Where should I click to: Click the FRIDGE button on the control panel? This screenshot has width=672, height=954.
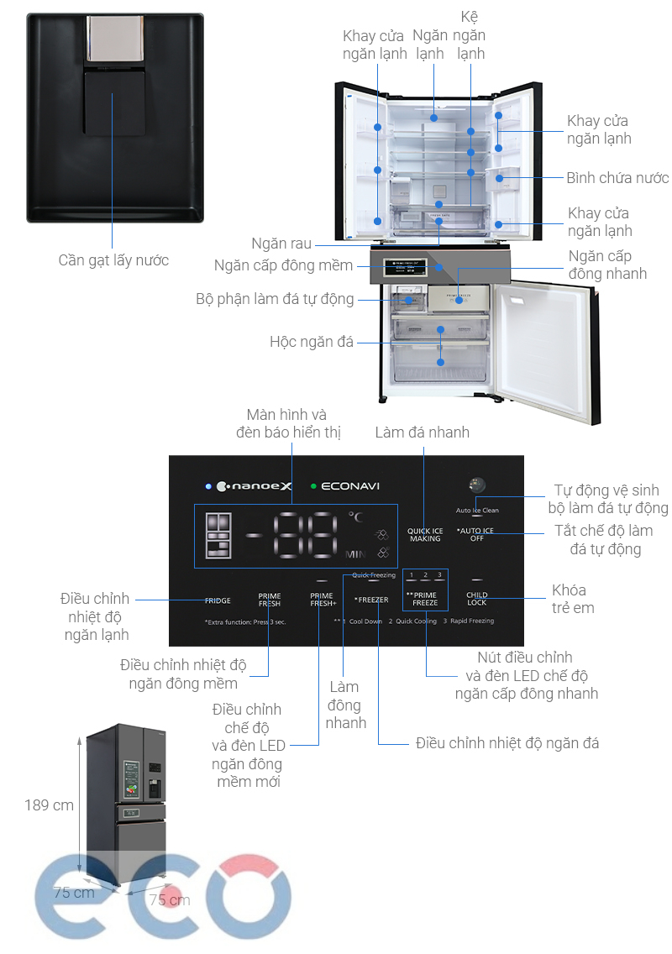(218, 600)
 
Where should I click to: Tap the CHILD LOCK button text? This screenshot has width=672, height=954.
(476, 599)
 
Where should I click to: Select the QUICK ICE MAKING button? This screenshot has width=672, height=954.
(425, 535)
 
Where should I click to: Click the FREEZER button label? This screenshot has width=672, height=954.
(371, 600)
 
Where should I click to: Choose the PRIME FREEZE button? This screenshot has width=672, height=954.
(424, 599)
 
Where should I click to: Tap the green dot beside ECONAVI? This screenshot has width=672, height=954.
(313, 485)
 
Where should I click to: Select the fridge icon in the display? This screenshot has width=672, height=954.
(218, 536)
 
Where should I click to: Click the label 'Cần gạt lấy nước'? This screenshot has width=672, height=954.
(113, 260)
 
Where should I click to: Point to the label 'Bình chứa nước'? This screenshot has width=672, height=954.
(617, 178)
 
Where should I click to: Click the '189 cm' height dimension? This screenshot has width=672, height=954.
(49, 805)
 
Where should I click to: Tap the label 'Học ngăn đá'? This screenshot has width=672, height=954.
(312, 342)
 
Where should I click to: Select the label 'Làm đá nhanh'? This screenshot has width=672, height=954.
(422, 432)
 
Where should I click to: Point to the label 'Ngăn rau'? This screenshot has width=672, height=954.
(281, 244)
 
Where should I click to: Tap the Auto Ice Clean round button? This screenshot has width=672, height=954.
(477, 485)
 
